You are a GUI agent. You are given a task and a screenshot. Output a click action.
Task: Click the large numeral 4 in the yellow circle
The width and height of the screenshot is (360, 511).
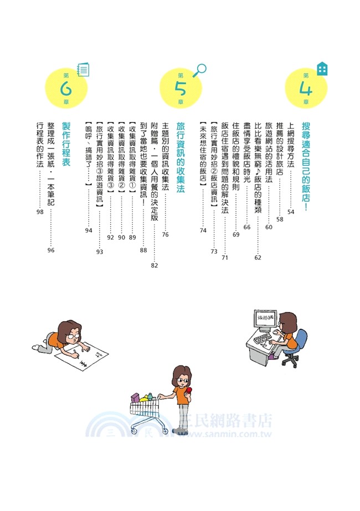click(306, 89)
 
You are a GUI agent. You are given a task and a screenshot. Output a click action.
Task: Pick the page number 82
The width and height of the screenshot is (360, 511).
click(154, 265)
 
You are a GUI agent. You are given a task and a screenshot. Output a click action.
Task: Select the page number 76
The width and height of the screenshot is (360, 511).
click(165, 235)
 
